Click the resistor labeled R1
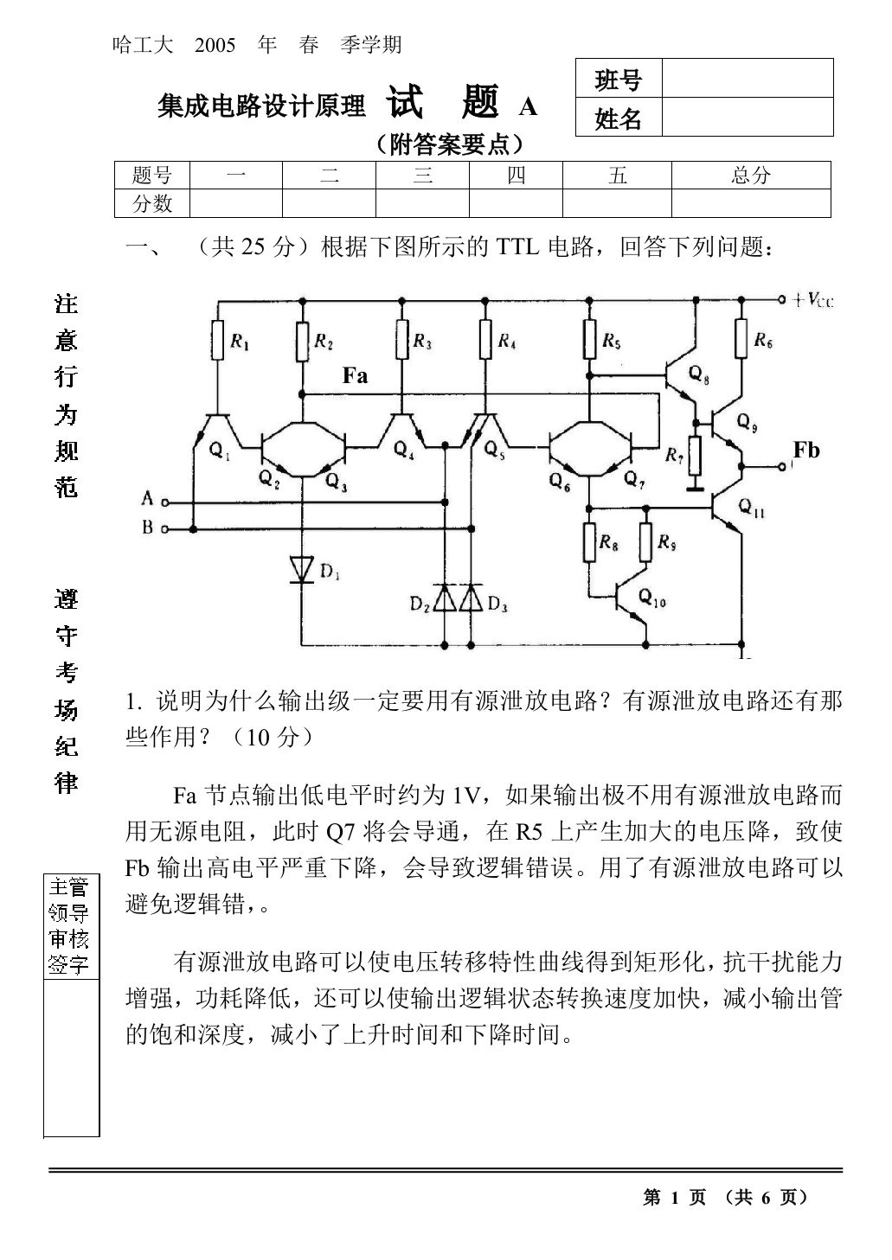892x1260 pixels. [x=218, y=342]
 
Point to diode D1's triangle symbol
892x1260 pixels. [x=302, y=568]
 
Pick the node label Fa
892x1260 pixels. [x=355, y=375]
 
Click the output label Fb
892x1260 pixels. [x=805, y=450]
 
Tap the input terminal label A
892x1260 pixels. [x=147, y=499]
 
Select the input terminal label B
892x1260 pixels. [x=147, y=527]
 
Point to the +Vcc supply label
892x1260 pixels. [x=814, y=301]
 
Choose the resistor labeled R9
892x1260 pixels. [x=646, y=543]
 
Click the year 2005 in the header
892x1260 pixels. [x=215, y=45]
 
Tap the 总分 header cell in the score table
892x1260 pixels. [x=750, y=176]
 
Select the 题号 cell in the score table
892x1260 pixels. [x=152, y=176]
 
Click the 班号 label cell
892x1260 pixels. [x=619, y=80]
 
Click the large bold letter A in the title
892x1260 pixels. [x=527, y=106]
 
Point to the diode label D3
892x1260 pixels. [x=497, y=604]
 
